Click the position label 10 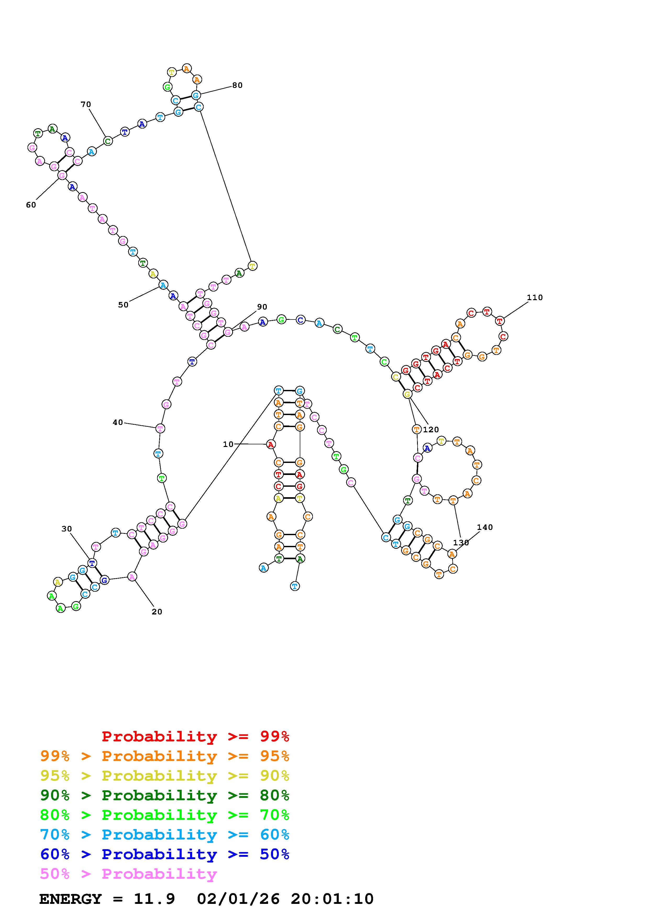[x=228, y=444]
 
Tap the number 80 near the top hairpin [x=237, y=85]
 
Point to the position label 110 [x=535, y=298]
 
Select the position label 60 [x=31, y=205]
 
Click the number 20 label [x=157, y=612]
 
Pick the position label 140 [x=485, y=527]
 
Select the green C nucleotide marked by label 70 [x=108, y=141]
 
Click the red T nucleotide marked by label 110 [x=500, y=320]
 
